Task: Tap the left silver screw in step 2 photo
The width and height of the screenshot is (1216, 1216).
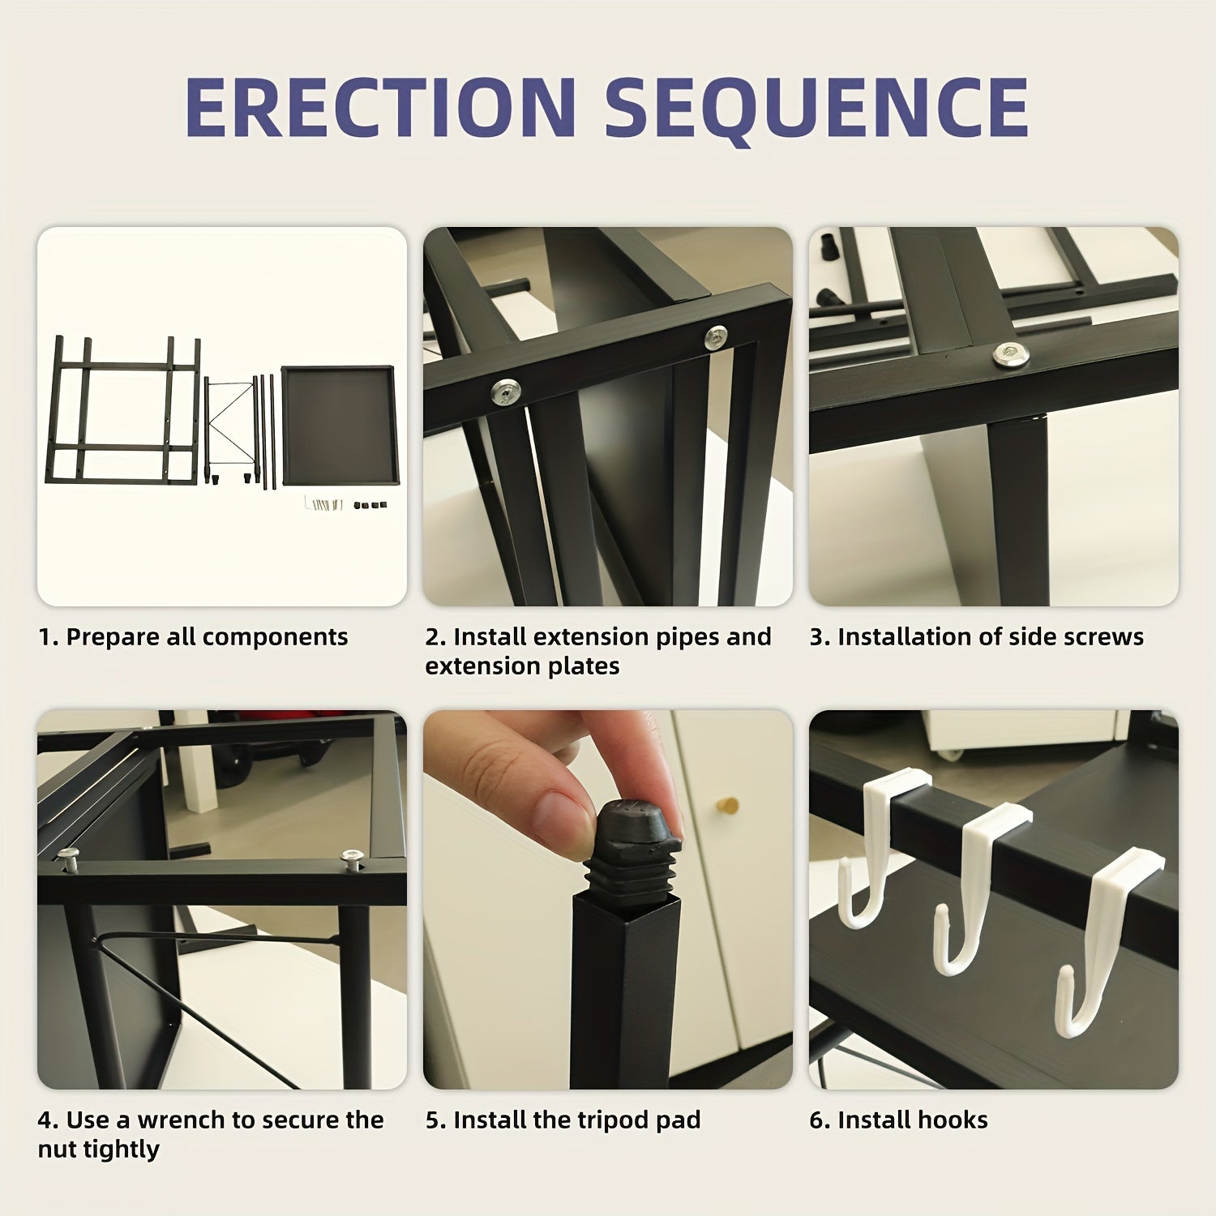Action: pyautogui.click(x=504, y=392)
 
